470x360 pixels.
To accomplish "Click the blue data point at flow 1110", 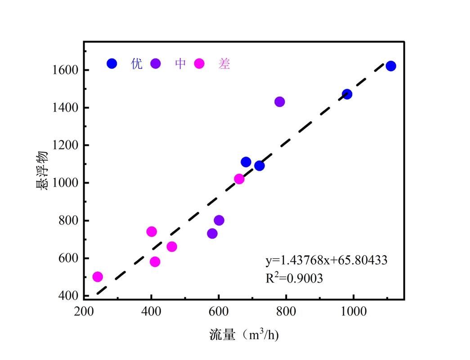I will click(x=391, y=66).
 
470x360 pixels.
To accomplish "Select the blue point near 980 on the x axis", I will click(x=347, y=94).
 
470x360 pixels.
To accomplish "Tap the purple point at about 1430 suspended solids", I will click(x=279, y=102).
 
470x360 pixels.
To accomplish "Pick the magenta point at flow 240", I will click(x=98, y=277).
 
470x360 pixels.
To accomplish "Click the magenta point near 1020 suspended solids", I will click(x=239, y=179).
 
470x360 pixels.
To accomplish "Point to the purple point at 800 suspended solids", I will click(x=219, y=220).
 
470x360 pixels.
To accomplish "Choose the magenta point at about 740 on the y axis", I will click(x=152, y=232).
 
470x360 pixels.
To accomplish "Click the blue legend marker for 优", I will click(x=112, y=64).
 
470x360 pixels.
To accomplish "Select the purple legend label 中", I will click(x=180, y=64).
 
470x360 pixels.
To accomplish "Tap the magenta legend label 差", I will click(x=224, y=64).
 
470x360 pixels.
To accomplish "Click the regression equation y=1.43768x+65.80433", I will click(x=326, y=260).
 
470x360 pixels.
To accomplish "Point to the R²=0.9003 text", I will click(x=294, y=278).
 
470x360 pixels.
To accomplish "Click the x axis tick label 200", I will click(x=84, y=311).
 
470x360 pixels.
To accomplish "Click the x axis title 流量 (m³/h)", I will click(x=244, y=335).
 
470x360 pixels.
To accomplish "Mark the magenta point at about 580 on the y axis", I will click(x=155, y=262).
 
